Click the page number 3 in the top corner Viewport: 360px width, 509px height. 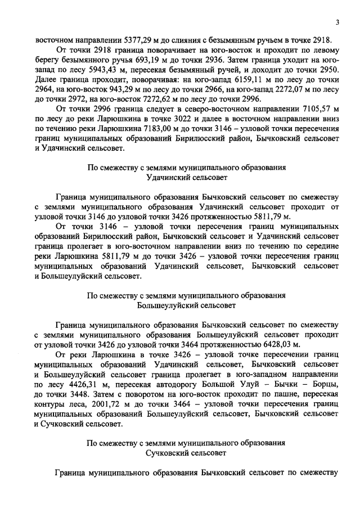coord(336,22)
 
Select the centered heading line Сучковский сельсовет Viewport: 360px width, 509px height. coord(186,452)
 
